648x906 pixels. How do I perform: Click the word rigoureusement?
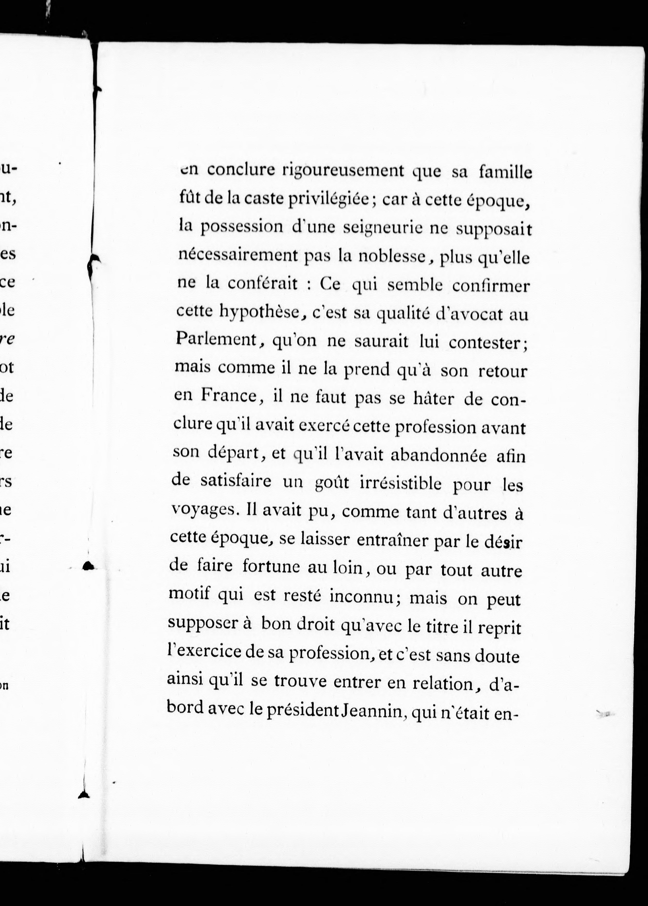click(x=343, y=171)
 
